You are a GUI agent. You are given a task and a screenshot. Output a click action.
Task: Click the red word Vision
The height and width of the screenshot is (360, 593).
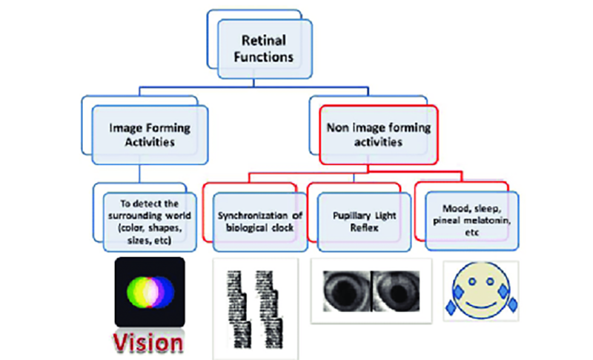coord(148,342)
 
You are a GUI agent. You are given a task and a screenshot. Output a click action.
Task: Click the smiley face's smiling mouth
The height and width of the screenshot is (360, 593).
coord(481,306)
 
